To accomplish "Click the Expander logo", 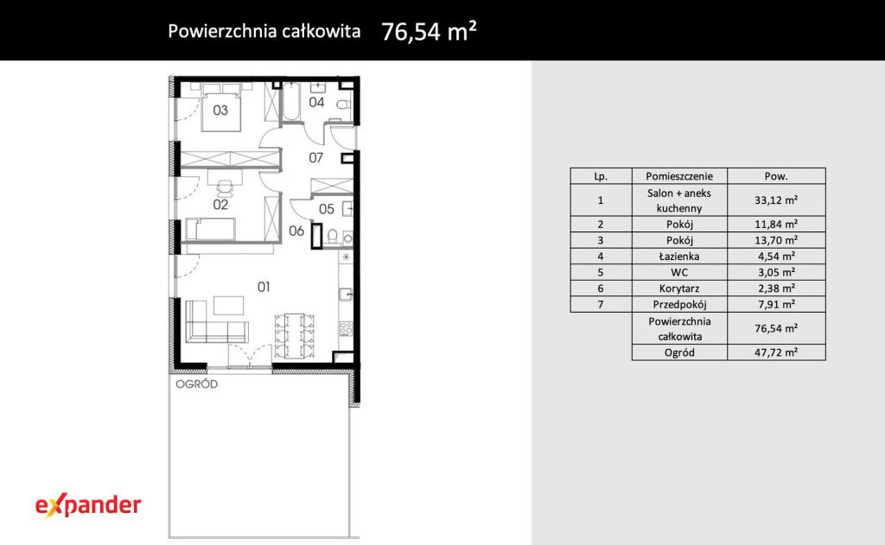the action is (88, 506).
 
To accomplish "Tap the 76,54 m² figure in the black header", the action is (429, 31).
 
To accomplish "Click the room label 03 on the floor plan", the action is (220, 110).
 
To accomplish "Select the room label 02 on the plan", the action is (220, 205).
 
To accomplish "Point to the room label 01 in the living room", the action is (264, 287).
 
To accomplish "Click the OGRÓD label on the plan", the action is (196, 384).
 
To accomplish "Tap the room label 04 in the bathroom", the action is (316, 102).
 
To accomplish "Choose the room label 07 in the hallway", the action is (316, 158).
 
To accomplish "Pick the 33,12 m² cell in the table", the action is (776, 200).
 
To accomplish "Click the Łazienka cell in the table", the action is (679, 257).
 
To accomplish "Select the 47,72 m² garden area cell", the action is (776, 352).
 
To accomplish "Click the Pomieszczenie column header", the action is (679, 176).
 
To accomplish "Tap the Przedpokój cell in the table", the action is (679, 304).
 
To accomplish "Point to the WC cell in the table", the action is (679, 272).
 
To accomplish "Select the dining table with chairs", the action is (294, 336).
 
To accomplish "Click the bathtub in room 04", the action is (291, 102).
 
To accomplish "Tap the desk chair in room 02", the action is (226, 187).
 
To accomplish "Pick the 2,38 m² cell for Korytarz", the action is (776, 288).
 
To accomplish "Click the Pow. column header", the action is (776, 176).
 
